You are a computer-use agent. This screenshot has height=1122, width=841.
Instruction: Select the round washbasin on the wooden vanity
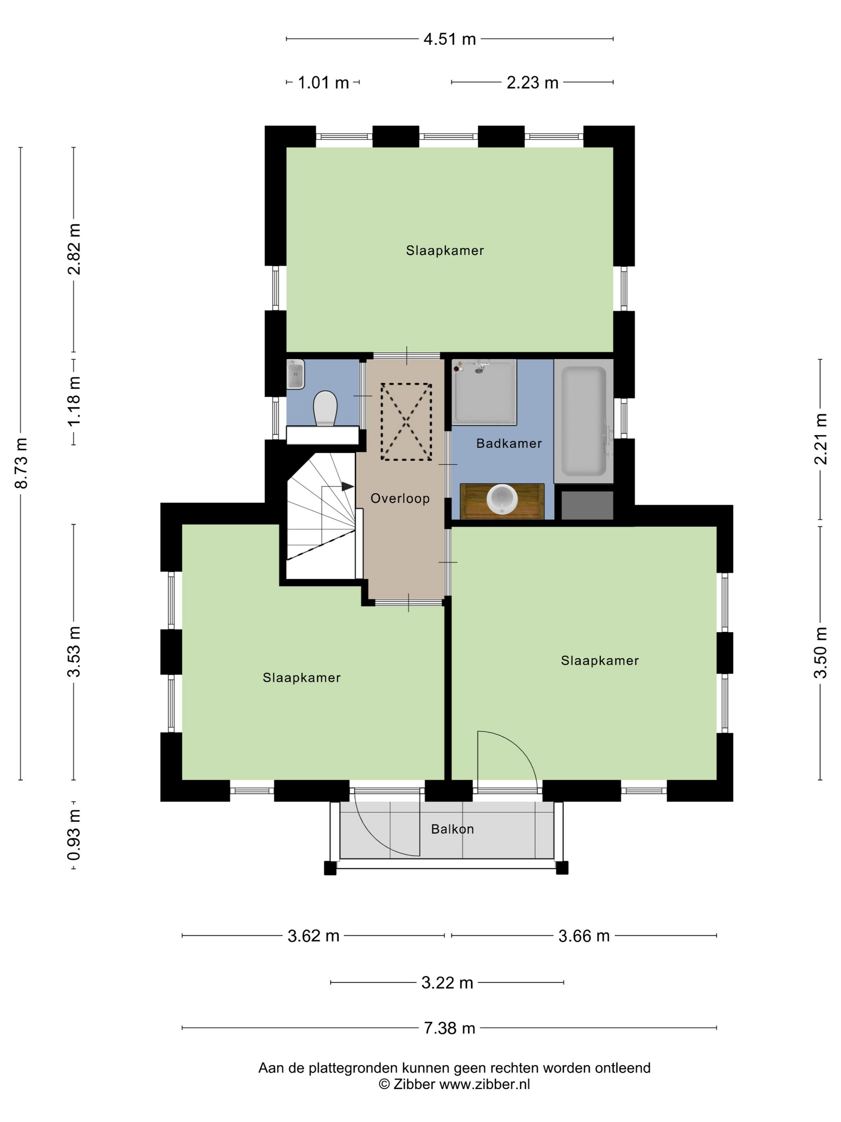(x=501, y=498)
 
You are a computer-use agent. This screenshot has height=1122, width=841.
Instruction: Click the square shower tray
(x=484, y=391)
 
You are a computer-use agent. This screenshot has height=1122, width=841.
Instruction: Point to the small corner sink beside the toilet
(x=296, y=374)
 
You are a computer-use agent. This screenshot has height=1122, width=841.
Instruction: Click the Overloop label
(x=400, y=498)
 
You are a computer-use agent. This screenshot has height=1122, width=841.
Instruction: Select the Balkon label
(x=452, y=829)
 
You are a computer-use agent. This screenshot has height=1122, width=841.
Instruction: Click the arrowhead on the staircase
(x=348, y=486)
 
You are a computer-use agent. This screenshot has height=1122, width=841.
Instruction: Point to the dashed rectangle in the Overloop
(x=406, y=422)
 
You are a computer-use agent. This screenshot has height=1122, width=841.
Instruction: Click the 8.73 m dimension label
(x=21, y=462)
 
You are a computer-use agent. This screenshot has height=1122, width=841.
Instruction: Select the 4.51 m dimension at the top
(x=450, y=39)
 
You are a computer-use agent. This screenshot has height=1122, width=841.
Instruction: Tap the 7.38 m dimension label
(x=450, y=1028)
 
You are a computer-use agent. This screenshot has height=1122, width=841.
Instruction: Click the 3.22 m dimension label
(x=447, y=983)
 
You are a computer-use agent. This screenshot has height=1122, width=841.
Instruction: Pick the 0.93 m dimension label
(x=74, y=835)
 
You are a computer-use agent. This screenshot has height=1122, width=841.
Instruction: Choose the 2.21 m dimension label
(x=820, y=439)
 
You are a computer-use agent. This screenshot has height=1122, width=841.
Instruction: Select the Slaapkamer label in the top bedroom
(x=445, y=250)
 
